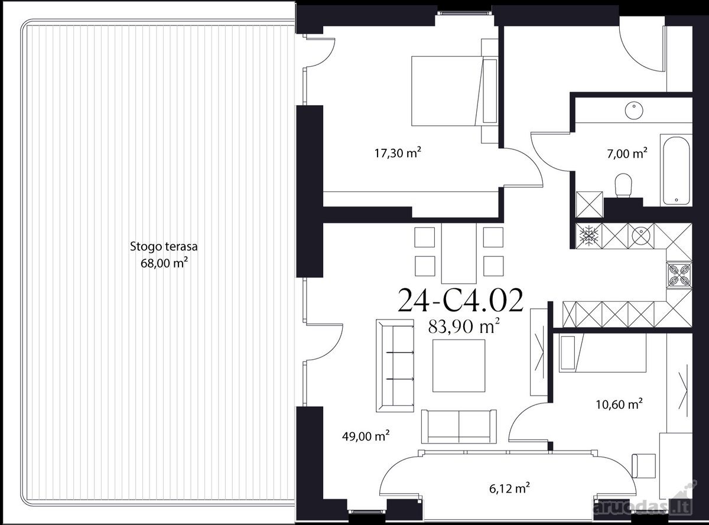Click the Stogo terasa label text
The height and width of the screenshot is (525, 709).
[x=164, y=247]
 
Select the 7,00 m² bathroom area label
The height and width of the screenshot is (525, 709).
[x=627, y=154]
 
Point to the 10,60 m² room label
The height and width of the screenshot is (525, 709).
[x=619, y=404]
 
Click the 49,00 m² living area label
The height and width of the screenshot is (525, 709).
[x=366, y=435]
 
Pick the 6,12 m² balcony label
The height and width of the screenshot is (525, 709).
[x=509, y=488]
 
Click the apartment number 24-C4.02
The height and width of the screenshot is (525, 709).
[x=461, y=300]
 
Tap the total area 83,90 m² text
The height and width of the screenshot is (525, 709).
[x=464, y=326]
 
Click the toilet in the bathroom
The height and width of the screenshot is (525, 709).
[x=623, y=185]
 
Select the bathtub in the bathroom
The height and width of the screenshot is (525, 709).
[x=676, y=170]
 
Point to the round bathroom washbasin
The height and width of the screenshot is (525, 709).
[x=634, y=110]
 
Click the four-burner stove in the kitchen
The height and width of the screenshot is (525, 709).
[x=679, y=275]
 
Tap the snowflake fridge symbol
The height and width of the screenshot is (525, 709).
[x=589, y=236]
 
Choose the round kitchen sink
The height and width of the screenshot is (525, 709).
[x=641, y=236]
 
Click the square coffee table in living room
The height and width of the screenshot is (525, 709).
[x=458, y=366]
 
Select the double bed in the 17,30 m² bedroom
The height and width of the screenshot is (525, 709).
[x=454, y=91]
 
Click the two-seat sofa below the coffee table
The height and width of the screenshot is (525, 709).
[x=458, y=426]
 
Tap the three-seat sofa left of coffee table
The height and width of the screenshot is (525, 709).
[x=395, y=366]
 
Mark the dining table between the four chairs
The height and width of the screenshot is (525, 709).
[x=458, y=253]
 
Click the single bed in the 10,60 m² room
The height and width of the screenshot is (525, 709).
[x=603, y=353]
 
